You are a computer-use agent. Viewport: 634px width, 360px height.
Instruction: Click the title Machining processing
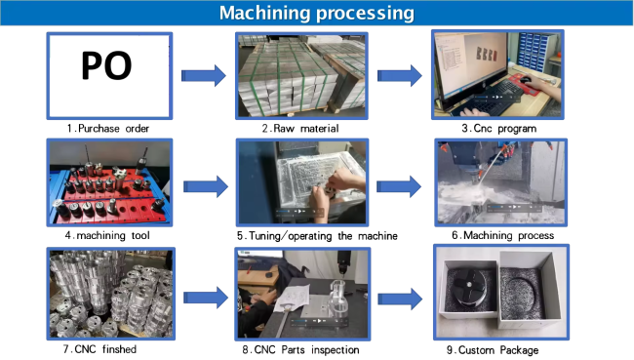tap(317, 13)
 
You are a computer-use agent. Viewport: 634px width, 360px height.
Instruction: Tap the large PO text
tap(106, 65)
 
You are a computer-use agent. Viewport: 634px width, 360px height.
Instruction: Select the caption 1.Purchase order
tap(108, 129)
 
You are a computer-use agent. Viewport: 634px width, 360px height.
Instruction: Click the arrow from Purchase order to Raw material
tap(204, 75)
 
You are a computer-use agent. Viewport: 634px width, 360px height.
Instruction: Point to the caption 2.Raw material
tap(300, 129)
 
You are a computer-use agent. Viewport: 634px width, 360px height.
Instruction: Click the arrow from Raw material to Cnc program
tap(400, 75)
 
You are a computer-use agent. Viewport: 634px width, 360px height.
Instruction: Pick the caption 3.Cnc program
tap(499, 129)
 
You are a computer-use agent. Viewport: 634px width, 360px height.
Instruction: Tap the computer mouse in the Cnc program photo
tap(525, 80)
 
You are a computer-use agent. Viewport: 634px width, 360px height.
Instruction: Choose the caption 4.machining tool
tap(107, 235)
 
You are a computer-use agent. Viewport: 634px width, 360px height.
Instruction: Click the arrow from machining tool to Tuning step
tap(206, 186)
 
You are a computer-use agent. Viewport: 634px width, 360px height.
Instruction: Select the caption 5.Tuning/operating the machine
tap(317, 236)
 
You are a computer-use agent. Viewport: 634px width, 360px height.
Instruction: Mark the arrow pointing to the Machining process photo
tap(399, 186)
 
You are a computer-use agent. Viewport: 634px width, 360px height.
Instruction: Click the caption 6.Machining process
tap(502, 235)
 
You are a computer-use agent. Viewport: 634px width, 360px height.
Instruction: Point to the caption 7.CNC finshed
tap(99, 349)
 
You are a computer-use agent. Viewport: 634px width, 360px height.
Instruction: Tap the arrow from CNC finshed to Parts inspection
tap(206, 298)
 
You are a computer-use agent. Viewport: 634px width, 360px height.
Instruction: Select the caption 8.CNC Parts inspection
tap(300, 350)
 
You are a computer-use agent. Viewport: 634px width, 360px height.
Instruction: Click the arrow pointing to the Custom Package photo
tap(400, 300)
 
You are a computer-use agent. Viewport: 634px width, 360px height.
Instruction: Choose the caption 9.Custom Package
tap(492, 350)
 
